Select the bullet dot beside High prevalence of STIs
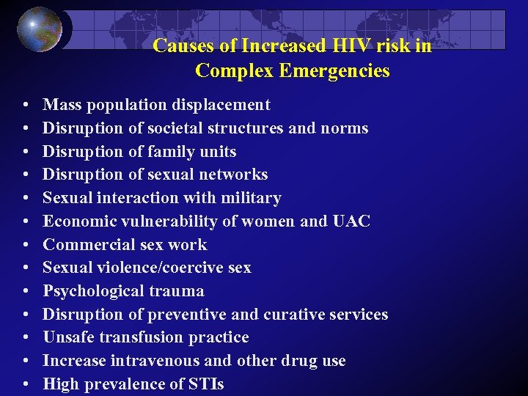click(26, 384)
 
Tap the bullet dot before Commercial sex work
click(26, 245)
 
